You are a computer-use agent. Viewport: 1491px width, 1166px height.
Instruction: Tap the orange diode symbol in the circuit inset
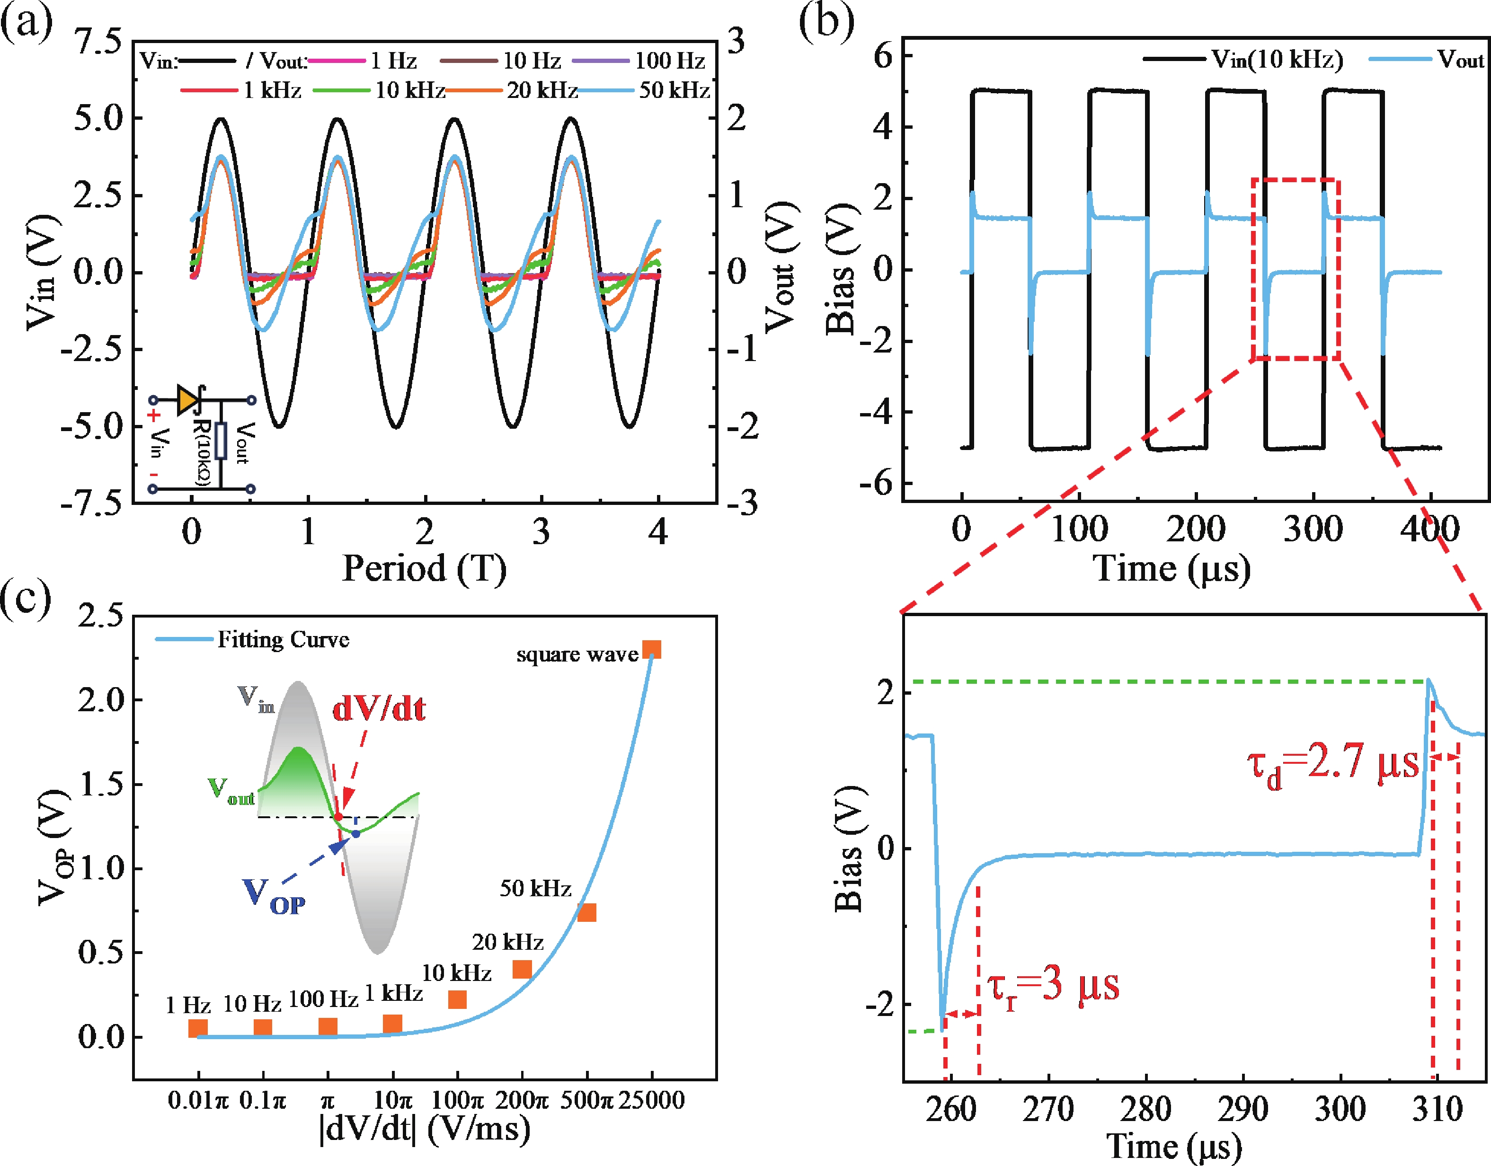pyautogui.click(x=187, y=400)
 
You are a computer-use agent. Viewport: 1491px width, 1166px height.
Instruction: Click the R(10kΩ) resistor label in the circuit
pyautogui.click(x=202, y=450)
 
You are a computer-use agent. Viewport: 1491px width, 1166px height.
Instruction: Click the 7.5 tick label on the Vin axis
pyautogui.click(x=98, y=42)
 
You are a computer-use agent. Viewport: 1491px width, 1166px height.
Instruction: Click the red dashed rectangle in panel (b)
pyautogui.click(x=1295, y=269)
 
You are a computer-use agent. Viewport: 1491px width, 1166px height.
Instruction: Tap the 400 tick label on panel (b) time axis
pyautogui.click(x=1429, y=529)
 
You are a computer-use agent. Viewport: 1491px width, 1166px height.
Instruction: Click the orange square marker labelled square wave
pyautogui.click(x=652, y=649)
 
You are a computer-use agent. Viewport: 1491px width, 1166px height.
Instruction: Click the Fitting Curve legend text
pyautogui.click(x=284, y=640)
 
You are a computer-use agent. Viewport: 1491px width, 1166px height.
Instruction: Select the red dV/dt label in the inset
pyautogui.click(x=379, y=709)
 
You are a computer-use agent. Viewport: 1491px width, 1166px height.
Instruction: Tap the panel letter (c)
pyautogui.click(x=26, y=598)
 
